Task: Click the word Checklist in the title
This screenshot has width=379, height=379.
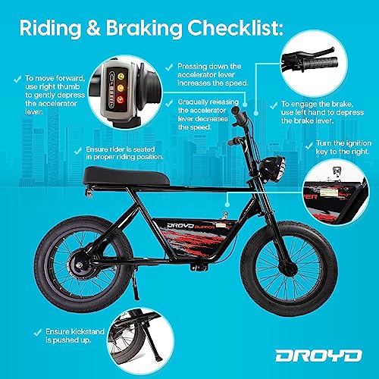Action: (x=235, y=27)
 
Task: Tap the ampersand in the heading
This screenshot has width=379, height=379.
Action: (x=93, y=27)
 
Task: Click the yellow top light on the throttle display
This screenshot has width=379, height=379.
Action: (x=121, y=76)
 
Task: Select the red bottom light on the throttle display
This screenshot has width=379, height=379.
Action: (x=121, y=99)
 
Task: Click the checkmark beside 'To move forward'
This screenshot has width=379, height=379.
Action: (x=17, y=80)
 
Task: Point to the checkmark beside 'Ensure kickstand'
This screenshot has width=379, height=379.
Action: (x=38, y=332)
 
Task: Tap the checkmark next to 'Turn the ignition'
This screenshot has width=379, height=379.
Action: (x=309, y=146)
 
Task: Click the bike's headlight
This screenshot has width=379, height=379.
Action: (x=275, y=168)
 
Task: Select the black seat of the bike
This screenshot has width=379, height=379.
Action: (x=127, y=176)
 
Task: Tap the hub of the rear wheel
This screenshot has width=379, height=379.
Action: (x=80, y=265)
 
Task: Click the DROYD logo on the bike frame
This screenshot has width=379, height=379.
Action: (x=180, y=225)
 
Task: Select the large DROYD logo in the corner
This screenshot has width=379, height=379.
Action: (x=318, y=356)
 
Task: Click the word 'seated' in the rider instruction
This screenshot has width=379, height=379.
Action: (x=144, y=149)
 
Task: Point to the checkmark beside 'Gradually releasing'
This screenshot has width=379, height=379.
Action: (x=169, y=103)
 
